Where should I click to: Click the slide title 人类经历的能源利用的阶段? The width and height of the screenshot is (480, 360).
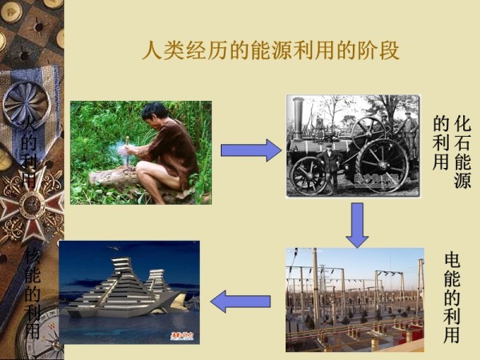(270, 52)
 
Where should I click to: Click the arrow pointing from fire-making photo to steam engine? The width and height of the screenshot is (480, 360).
(250, 150)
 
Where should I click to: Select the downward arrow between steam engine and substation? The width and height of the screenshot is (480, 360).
(356, 224)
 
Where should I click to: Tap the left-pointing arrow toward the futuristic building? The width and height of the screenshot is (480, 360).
(241, 302)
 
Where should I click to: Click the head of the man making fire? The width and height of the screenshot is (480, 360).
(154, 114)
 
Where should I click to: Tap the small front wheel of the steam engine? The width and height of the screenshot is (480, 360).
(308, 176)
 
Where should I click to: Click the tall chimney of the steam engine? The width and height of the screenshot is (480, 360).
(298, 120)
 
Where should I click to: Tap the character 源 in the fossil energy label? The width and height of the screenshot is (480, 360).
(462, 181)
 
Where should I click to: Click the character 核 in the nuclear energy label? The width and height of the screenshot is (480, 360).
(32, 256)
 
